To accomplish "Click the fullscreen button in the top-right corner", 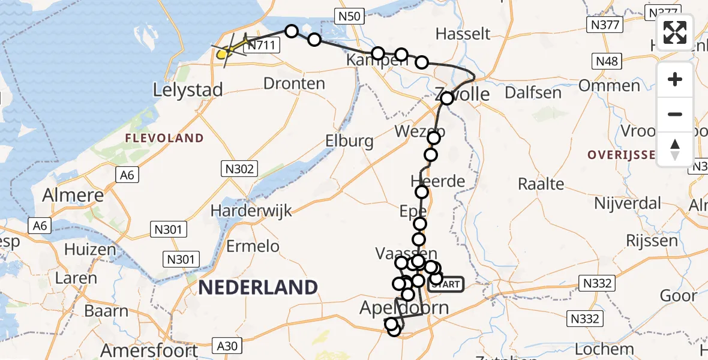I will [675, 32].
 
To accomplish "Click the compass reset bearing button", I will [675, 148].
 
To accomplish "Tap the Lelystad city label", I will [188, 91].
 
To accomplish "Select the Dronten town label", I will [295, 83].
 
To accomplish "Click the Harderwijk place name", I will [251, 211].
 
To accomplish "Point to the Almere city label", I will [74, 196].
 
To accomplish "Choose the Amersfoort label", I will [150, 350].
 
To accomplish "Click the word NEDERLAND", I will [257, 287].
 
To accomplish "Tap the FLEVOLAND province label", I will [164, 139].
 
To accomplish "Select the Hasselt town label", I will [463, 34].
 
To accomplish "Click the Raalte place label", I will [541, 184].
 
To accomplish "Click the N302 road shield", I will [240, 169].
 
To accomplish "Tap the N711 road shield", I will [263, 45].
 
